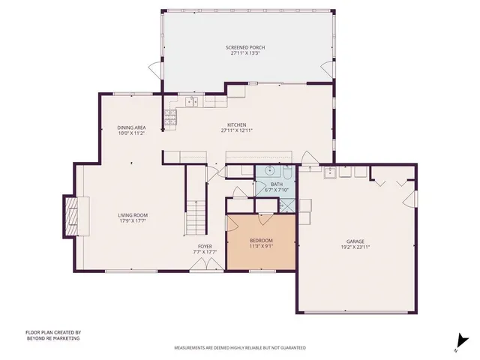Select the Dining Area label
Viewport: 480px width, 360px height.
pos(130,127)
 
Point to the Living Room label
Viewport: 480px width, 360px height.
pos(131,215)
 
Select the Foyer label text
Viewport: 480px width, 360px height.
pos(205,246)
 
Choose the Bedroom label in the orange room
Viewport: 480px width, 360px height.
pos(262,240)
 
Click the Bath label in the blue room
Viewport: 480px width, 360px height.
pos(277,184)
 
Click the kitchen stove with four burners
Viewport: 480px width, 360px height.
pos(170,116)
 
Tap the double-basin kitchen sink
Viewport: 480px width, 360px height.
pos(192,100)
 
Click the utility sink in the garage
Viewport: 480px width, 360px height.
pos(329,172)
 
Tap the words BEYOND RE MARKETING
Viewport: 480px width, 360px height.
pos(52,338)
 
